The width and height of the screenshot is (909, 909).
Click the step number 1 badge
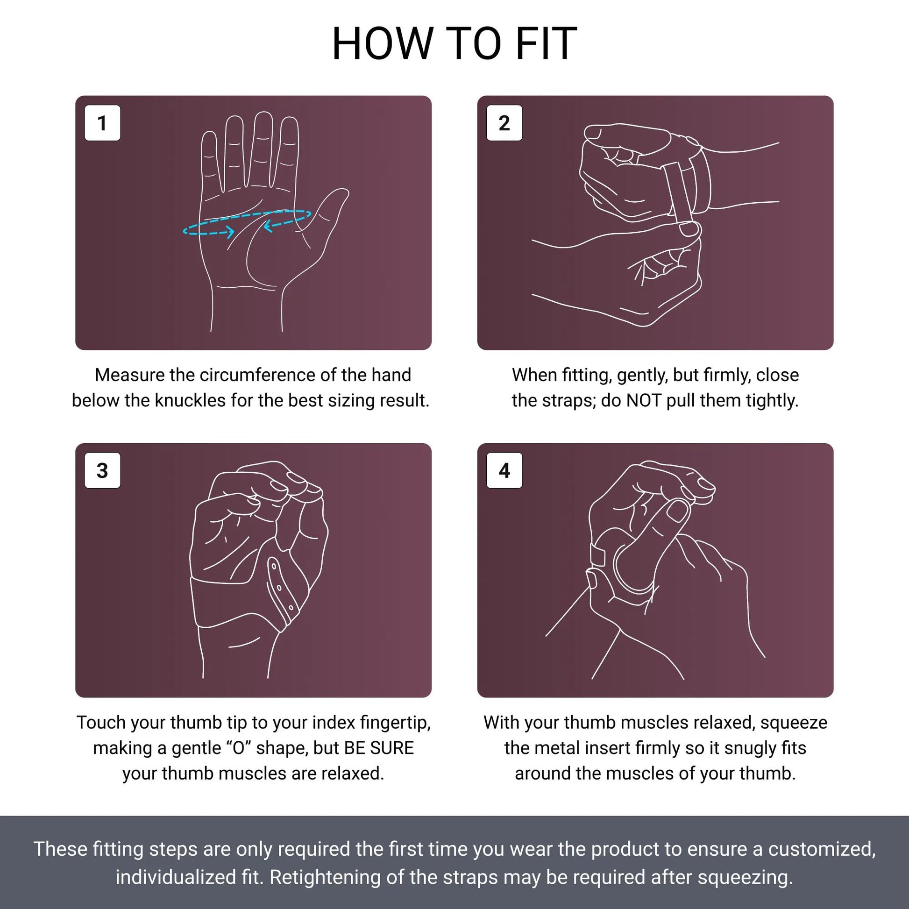coord(102,123)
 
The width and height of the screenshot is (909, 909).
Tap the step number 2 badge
coord(504,123)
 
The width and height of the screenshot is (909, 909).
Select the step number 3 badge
coord(102,470)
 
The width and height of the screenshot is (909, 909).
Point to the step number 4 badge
coord(504,470)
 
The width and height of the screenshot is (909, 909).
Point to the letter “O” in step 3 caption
coord(239,748)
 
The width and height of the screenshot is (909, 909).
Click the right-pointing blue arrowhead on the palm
coord(231,231)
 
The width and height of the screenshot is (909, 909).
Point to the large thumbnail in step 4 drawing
coord(677,511)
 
